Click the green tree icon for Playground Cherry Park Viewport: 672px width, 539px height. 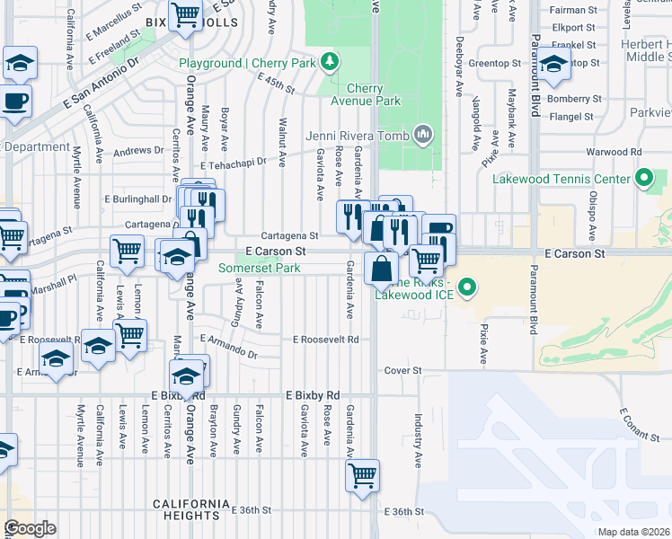332,61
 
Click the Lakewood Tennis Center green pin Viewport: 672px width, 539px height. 643,178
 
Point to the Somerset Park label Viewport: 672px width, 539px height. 261,268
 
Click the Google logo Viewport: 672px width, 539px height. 30,528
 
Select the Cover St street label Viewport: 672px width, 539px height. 402,370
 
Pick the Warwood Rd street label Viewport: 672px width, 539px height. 616,153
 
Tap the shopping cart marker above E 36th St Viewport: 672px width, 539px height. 362,475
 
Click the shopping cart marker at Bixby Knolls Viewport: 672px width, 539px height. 185,15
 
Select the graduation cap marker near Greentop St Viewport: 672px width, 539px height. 553,65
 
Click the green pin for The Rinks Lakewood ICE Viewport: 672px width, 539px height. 467,288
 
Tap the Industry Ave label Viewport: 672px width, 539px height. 418,440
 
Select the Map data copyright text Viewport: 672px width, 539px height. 633,532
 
